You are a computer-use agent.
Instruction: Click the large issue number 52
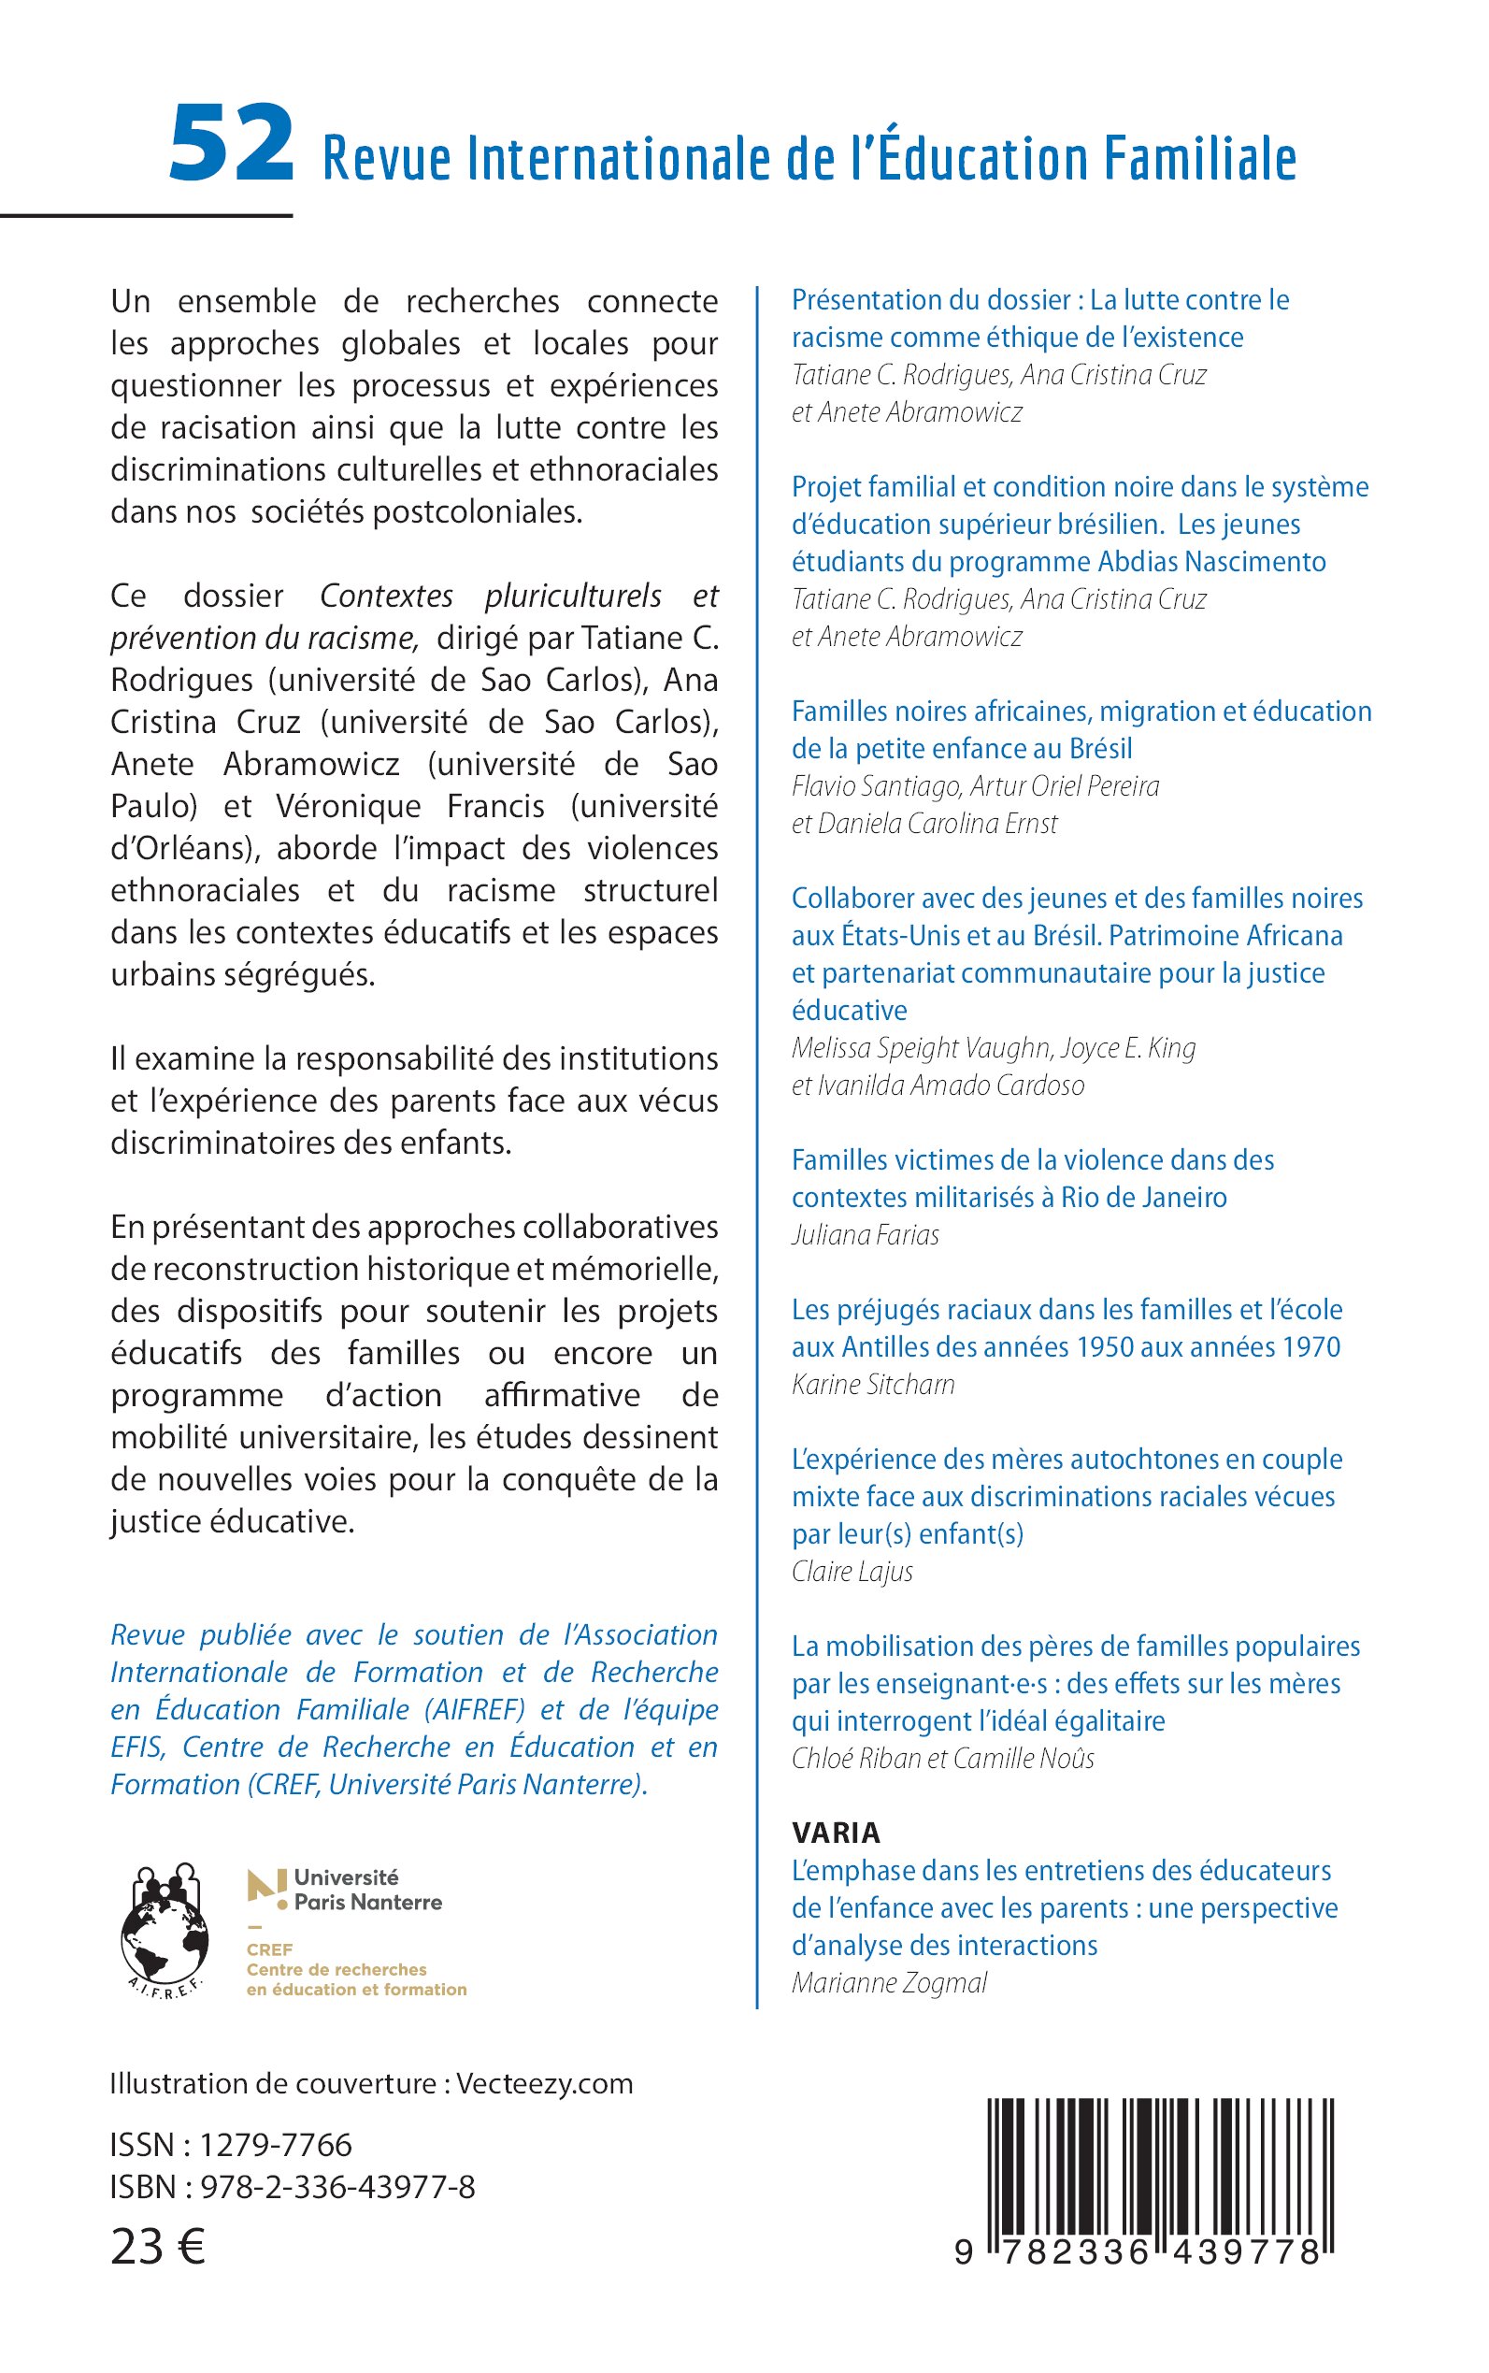[x=231, y=145]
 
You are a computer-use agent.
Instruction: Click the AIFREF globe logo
[x=165, y=1932]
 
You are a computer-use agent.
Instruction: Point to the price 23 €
[x=158, y=2247]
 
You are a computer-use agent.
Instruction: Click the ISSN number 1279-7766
[x=276, y=2145]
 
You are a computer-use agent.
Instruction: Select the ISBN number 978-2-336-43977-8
[x=337, y=2187]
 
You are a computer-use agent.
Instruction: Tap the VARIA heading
[x=836, y=1833]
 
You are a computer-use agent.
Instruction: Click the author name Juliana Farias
[x=865, y=1234]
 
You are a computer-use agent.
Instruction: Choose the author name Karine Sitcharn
[x=872, y=1384]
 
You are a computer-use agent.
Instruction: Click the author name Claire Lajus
[x=852, y=1571]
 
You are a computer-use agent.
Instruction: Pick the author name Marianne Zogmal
[x=888, y=1983]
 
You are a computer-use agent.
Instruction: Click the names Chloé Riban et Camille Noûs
[x=942, y=1759]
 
